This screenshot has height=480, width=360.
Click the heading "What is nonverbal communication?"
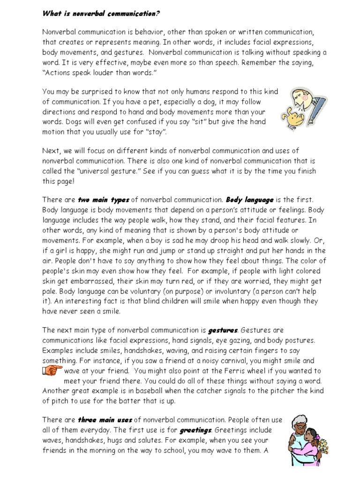click(101, 14)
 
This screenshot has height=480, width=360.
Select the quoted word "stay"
click(157, 133)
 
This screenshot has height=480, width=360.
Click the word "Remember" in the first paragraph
click(262, 62)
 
